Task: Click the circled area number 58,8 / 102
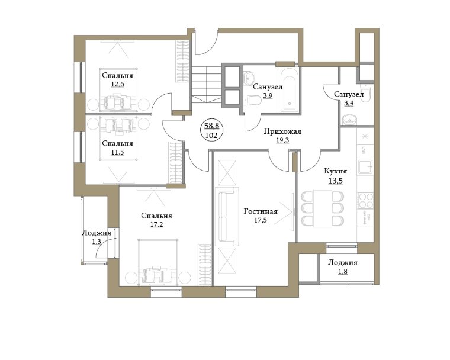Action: pos(212,131)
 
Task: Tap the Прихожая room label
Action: pos(282,132)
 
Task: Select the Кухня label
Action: pos(336,171)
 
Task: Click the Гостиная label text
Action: pos(261,211)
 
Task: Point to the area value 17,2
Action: pos(156,224)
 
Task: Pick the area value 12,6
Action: pos(117,85)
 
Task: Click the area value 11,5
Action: pos(117,152)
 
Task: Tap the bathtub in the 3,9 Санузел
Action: pos(290,89)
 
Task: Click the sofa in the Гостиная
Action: pos(228,217)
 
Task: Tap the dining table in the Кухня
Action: pos(323,208)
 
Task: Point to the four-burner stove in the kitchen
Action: pos(366,200)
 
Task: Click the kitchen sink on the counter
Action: pos(365,167)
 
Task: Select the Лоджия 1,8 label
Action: pos(343,266)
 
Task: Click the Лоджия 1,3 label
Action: pos(97,237)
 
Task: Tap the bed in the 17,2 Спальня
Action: pos(157,262)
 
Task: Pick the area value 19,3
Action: pos(282,140)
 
